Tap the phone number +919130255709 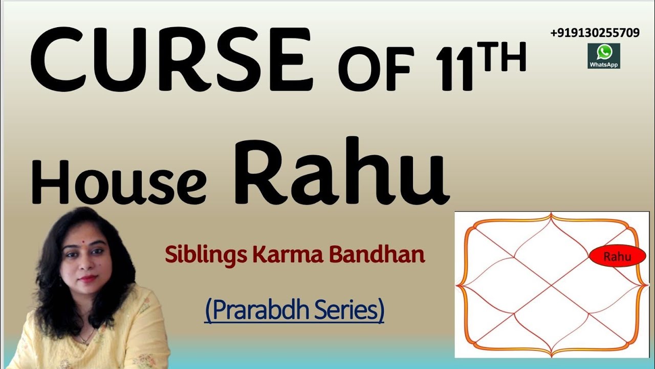point(595,33)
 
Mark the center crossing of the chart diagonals point(552,284)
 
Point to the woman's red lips point(86,279)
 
